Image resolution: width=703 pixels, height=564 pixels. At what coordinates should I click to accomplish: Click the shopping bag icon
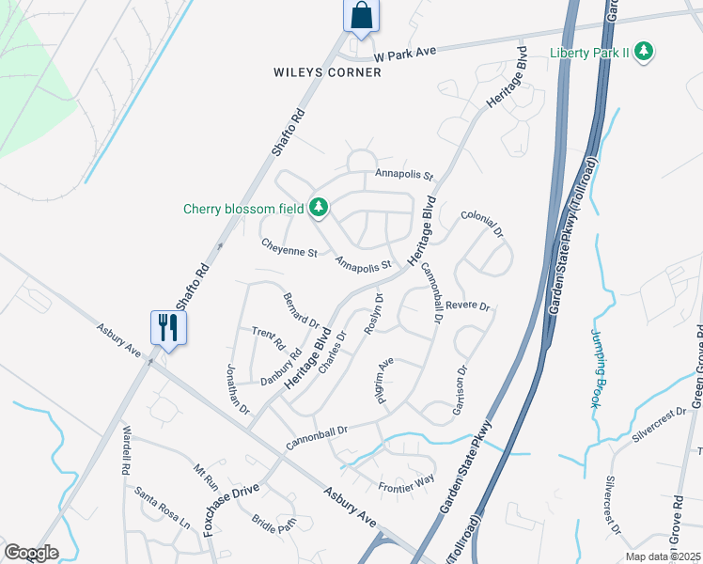360,16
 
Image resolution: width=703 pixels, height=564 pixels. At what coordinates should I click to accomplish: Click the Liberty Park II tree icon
644,51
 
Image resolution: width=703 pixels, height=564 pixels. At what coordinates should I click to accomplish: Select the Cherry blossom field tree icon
319,208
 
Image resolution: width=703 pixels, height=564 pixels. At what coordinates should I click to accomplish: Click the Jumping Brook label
596,367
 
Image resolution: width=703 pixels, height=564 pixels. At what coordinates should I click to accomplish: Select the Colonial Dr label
482,223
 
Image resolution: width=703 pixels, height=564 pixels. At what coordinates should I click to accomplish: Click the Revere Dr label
468,306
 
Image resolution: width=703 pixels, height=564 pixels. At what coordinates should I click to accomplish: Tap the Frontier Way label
406,482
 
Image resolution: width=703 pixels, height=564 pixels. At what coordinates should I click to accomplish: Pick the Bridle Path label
273,525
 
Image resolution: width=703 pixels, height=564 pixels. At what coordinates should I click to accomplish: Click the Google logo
31,553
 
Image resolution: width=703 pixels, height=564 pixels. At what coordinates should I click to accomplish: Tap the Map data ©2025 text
662,556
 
